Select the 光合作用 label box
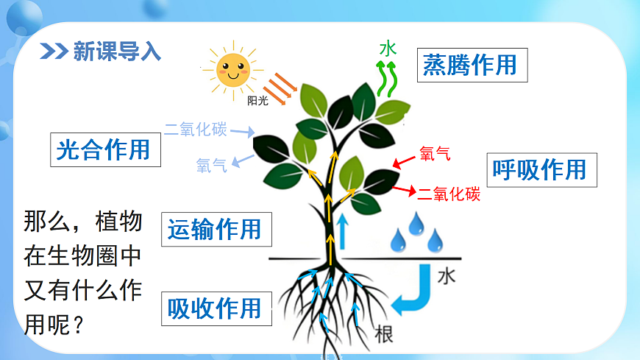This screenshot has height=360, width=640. tap(103, 150)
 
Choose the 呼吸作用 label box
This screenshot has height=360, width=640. tap(541, 170)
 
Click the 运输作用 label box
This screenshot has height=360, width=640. tap(214, 230)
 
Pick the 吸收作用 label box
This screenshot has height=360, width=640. tap(215, 307)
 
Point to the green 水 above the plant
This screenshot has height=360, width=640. tap(388, 49)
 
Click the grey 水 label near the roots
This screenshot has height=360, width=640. tap(447, 276)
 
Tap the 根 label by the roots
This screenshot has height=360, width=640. tap(383, 333)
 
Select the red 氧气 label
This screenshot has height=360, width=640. tap(434, 154)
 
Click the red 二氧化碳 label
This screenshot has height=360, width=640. tap(449, 194)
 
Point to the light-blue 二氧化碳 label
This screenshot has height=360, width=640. tap(196, 130)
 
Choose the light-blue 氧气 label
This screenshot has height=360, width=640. tap(212, 166)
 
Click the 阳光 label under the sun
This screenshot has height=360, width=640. tap(257, 101)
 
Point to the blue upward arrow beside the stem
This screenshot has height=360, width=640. tap(341, 232)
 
